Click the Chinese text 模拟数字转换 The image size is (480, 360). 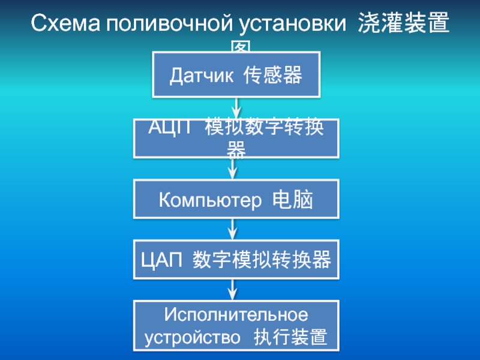(x=264, y=128)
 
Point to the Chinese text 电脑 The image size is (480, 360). (x=293, y=200)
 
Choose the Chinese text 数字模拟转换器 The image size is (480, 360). (x=262, y=260)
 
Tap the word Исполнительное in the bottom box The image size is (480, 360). (x=236, y=314)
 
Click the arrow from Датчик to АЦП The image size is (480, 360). (x=236, y=108)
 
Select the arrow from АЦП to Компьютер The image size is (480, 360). (x=233, y=169)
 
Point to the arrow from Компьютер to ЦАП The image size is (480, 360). (x=233, y=229)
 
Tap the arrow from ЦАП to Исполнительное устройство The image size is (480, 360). (x=233, y=289)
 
